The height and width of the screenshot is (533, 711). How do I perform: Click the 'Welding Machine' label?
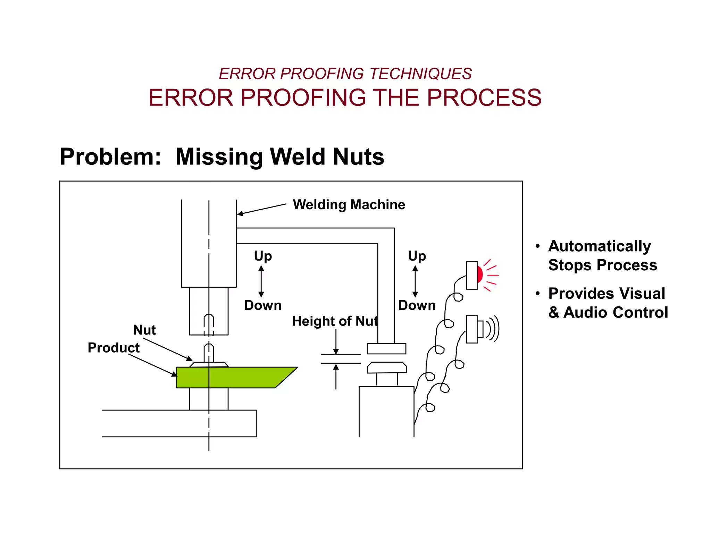[x=349, y=205]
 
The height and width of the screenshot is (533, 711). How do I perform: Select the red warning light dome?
[x=480, y=274]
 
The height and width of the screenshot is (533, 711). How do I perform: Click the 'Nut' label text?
[x=144, y=330]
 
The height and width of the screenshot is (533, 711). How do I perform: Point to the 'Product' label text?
[x=114, y=348]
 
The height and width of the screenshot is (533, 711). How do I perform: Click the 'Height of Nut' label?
[x=335, y=321]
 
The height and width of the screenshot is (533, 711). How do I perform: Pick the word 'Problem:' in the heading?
[x=110, y=157]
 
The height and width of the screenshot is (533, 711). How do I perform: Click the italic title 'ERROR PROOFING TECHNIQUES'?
[x=345, y=74]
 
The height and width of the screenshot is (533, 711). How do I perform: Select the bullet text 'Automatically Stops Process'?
[x=602, y=255]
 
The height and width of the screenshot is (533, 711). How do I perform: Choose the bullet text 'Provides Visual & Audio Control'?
[x=608, y=303]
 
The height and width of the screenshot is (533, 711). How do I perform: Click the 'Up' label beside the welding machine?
[x=263, y=256]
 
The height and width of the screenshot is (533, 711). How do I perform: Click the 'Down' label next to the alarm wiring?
[x=417, y=305]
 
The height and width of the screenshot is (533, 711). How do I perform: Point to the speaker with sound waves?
[x=483, y=329]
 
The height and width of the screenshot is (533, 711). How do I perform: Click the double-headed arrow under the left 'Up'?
[x=261, y=281]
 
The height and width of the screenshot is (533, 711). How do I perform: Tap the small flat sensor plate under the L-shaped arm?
[x=386, y=348]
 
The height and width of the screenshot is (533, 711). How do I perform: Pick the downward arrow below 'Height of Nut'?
[x=336, y=342]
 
